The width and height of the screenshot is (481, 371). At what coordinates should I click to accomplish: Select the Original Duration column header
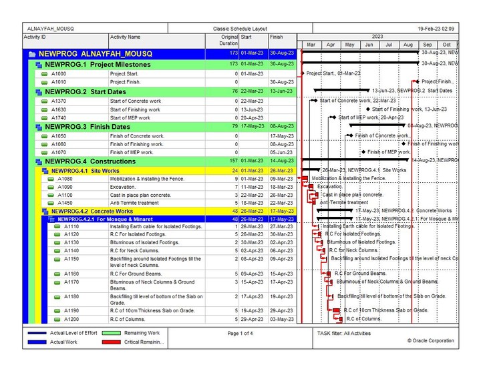point(228,41)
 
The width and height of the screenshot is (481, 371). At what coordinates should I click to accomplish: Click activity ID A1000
point(58,73)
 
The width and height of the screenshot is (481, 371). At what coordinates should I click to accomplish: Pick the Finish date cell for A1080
point(281,178)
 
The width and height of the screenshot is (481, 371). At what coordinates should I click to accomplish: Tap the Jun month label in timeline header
point(369,45)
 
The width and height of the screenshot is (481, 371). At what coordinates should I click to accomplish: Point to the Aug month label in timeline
point(408,45)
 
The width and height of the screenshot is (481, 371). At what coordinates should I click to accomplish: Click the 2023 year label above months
point(378,37)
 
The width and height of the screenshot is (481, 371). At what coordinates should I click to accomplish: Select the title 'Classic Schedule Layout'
point(240,29)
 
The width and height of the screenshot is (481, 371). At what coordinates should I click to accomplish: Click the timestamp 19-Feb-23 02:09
point(436,29)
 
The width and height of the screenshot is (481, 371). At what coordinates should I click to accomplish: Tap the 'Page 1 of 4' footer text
point(240,333)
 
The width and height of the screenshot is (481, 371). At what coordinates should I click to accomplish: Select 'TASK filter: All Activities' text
point(343,333)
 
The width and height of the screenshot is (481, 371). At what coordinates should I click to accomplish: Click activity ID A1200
point(71,319)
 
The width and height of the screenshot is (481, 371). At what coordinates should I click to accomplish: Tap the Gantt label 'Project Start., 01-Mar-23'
point(333,73)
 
